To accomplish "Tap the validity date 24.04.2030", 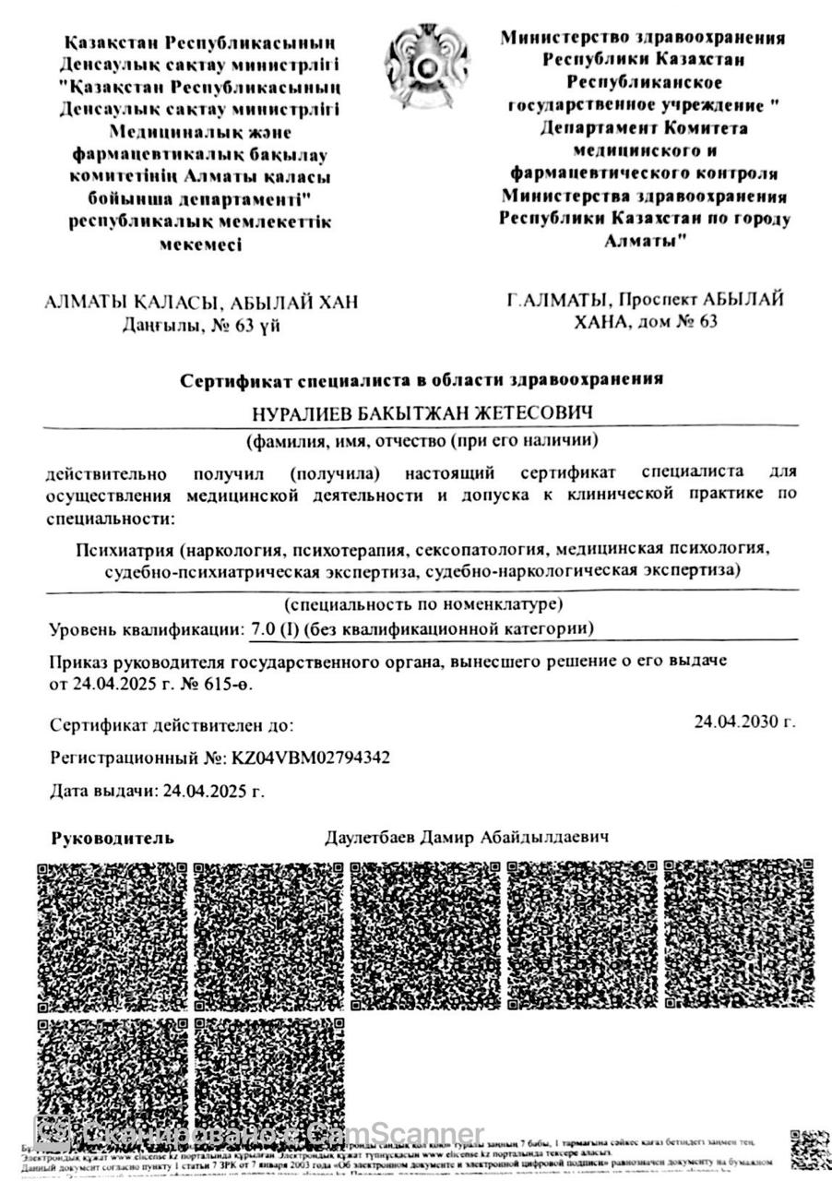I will pyautogui.click(x=744, y=722).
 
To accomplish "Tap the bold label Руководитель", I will pyautogui.click(x=112, y=839).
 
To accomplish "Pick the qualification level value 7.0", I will pyautogui.click(x=263, y=629).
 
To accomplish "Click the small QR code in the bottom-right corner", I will pyautogui.click(x=809, y=1150).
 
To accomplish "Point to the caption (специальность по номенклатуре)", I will pyautogui.click(x=423, y=605).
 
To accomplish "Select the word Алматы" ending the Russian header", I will pyautogui.click(x=645, y=241).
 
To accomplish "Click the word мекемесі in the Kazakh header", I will pyautogui.click(x=200, y=245).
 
